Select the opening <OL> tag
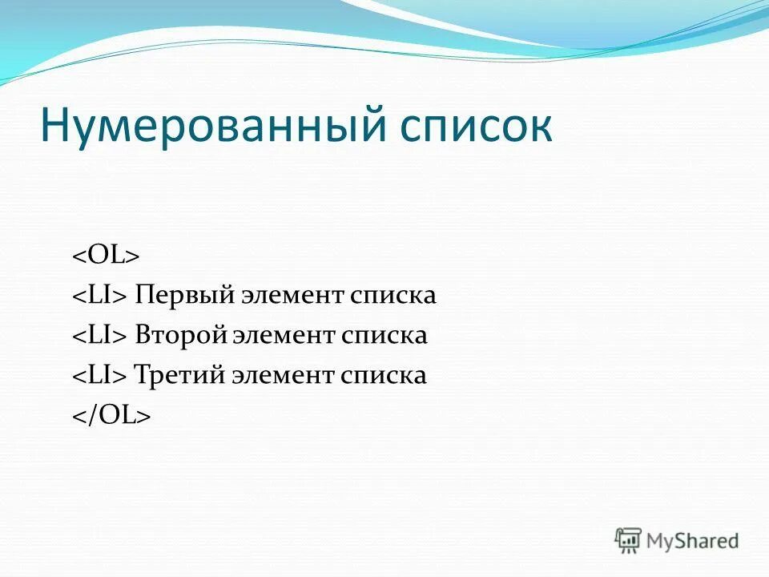(x=107, y=256)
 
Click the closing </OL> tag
(x=112, y=416)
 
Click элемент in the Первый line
(x=288, y=296)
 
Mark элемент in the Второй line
(x=284, y=336)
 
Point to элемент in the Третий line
(x=285, y=376)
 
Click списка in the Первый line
(x=393, y=296)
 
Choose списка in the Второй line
(x=385, y=336)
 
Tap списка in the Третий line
(x=385, y=376)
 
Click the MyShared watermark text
(x=694, y=540)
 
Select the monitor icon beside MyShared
(x=629, y=539)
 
